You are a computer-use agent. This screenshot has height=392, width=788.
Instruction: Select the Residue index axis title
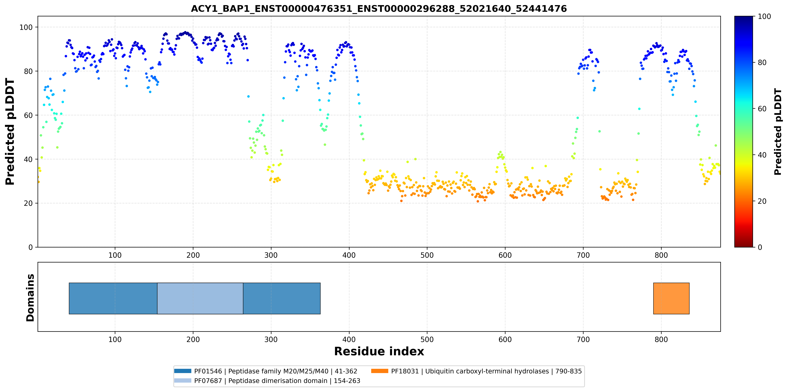[379, 351]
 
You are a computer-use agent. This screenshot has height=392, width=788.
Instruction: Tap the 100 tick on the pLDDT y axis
[26, 27]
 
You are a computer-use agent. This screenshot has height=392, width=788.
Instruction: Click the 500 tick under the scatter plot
[427, 255]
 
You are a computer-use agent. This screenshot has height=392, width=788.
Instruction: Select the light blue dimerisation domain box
[200, 298]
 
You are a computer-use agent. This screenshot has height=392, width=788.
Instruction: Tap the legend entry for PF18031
[476, 371]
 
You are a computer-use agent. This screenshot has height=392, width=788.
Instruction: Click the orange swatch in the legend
[380, 371]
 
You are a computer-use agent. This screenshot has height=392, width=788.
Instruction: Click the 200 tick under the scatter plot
[193, 255]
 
